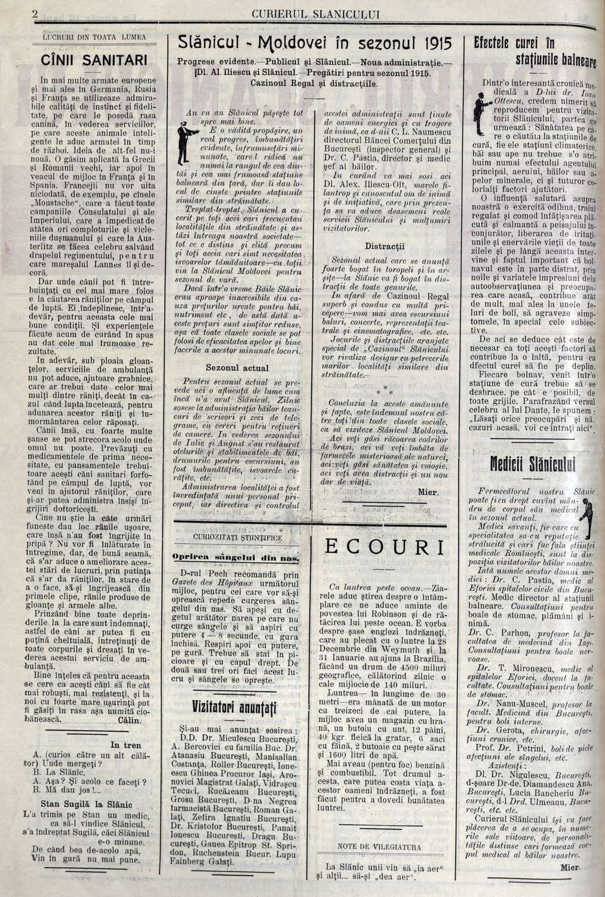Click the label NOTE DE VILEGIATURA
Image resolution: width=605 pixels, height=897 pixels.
coord(382,846)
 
